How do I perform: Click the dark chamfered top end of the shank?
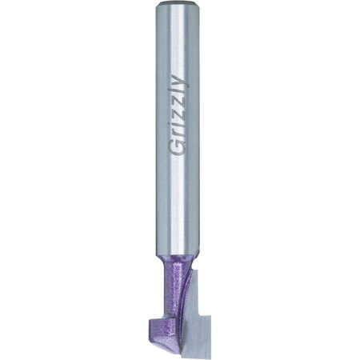[x=178, y=3]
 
